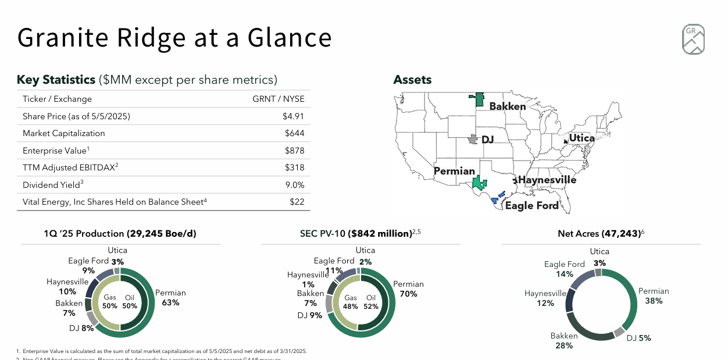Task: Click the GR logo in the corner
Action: pos(693,40)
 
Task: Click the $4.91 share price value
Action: pos(293,116)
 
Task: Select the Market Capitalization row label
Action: pos(64,133)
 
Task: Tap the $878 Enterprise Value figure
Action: pos(294,151)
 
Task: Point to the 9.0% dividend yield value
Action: pos(293,185)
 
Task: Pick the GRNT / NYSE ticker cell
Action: pos(278,99)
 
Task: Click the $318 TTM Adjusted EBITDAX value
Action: pos(294,167)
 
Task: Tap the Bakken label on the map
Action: pos(507,106)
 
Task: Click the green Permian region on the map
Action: pos(479,183)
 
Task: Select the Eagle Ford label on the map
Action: pos(531,205)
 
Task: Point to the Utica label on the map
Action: pos(581,138)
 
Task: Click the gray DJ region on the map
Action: pos(473,140)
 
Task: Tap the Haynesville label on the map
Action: pos(547,180)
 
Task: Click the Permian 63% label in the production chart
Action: pos(170,298)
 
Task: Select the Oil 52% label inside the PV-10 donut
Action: pos(371,302)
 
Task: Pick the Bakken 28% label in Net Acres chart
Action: pos(564,341)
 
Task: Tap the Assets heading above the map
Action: pos(412,80)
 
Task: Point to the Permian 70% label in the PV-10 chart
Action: pos(408,289)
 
